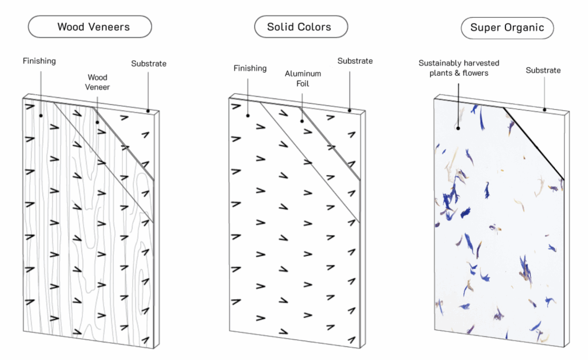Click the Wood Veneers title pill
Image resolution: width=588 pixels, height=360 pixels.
click(x=90, y=27)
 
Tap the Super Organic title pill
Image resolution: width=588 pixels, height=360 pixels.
click(x=507, y=27)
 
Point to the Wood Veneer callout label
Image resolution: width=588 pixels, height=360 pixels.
click(x=98, y=82)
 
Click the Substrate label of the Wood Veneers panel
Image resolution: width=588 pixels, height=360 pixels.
click(x=149, y=64)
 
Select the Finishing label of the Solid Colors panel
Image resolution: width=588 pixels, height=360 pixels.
click(x=250, y=68)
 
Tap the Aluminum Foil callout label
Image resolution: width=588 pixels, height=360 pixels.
click(x=303, y=79)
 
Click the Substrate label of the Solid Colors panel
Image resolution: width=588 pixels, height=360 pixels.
click(x=355, y=61)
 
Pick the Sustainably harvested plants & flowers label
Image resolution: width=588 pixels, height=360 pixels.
click(x=459, y=68)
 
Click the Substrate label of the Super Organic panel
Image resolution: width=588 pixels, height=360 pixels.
click(x=543, y=71)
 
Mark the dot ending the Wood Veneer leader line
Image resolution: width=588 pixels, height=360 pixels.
click(x=97, y=122)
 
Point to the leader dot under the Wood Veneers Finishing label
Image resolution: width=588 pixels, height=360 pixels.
click(x=40, y=115)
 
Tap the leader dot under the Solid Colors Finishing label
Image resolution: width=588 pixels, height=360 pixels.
click(x=249, y=115)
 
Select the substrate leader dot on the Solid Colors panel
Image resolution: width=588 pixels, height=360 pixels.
click(x=350, y=110)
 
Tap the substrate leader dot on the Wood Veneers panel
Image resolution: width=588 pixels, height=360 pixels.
click(x=148, y=111)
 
